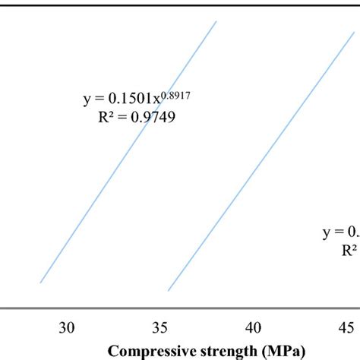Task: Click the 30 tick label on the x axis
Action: coord(67,327)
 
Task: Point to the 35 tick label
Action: coord(160,327)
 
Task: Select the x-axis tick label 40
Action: coord(254,327)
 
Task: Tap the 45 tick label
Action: coord(346,327)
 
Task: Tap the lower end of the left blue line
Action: coord(40,282)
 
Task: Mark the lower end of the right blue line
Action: coord(168,290)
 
